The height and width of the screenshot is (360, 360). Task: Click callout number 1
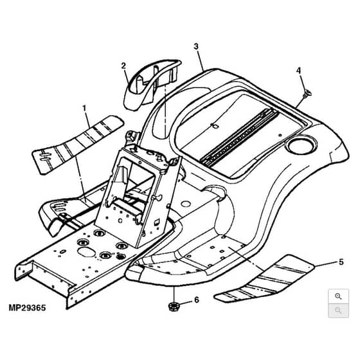84,108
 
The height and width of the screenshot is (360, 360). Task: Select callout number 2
123,66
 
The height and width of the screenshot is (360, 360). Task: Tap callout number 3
196,46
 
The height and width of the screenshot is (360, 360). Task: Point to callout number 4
298,71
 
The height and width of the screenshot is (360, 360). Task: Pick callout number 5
341,262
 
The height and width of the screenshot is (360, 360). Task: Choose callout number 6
197,300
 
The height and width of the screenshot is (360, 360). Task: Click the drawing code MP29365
27,308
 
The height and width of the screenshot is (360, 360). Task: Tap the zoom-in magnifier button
338,296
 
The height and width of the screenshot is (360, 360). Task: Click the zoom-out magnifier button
338,310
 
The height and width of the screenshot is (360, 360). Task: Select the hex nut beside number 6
174,306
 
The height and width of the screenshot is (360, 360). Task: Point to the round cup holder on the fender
301,145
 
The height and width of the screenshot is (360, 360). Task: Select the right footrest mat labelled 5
265,280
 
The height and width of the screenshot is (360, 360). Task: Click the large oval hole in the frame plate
87,252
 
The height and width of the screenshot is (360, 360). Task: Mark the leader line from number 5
327,264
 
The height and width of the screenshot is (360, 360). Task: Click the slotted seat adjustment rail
240,138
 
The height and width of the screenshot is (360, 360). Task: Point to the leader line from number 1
87,120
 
